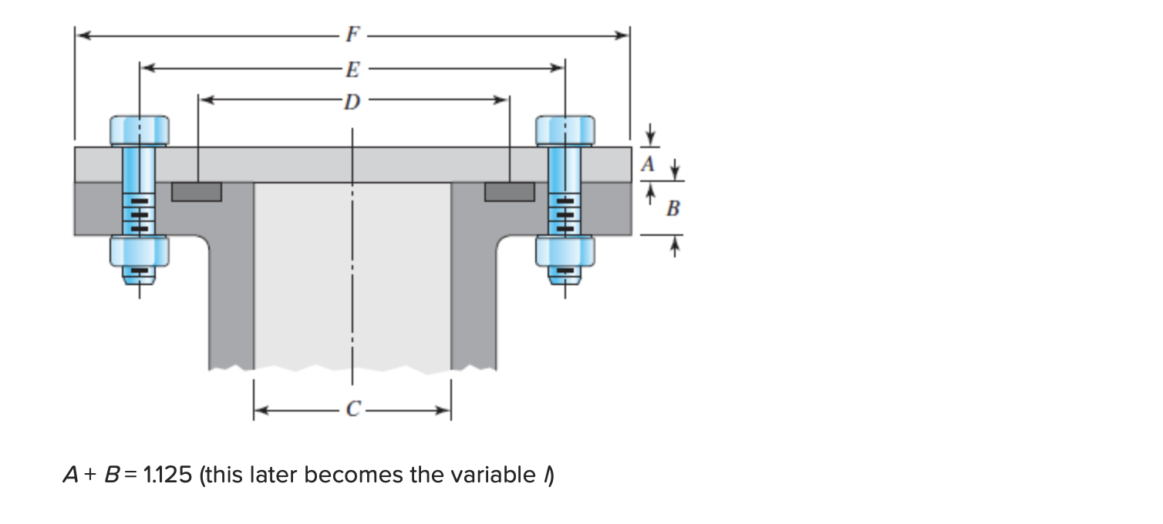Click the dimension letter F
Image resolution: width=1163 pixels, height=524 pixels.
tap(352, 35)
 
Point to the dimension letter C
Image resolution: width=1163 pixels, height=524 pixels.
tap(352, 411)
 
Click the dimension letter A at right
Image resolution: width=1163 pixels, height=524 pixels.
tap(649, 164)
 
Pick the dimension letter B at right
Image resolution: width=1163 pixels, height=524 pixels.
tap(672, 208)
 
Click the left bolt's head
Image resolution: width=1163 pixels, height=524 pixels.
tap(140, 130)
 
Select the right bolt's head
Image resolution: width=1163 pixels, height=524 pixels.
tap(565, 130)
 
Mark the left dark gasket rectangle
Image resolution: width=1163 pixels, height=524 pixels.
tap(197, 191)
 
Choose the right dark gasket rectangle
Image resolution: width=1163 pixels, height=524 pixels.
tap(509, 191)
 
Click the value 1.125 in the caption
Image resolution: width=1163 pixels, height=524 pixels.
tap(167, 475)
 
